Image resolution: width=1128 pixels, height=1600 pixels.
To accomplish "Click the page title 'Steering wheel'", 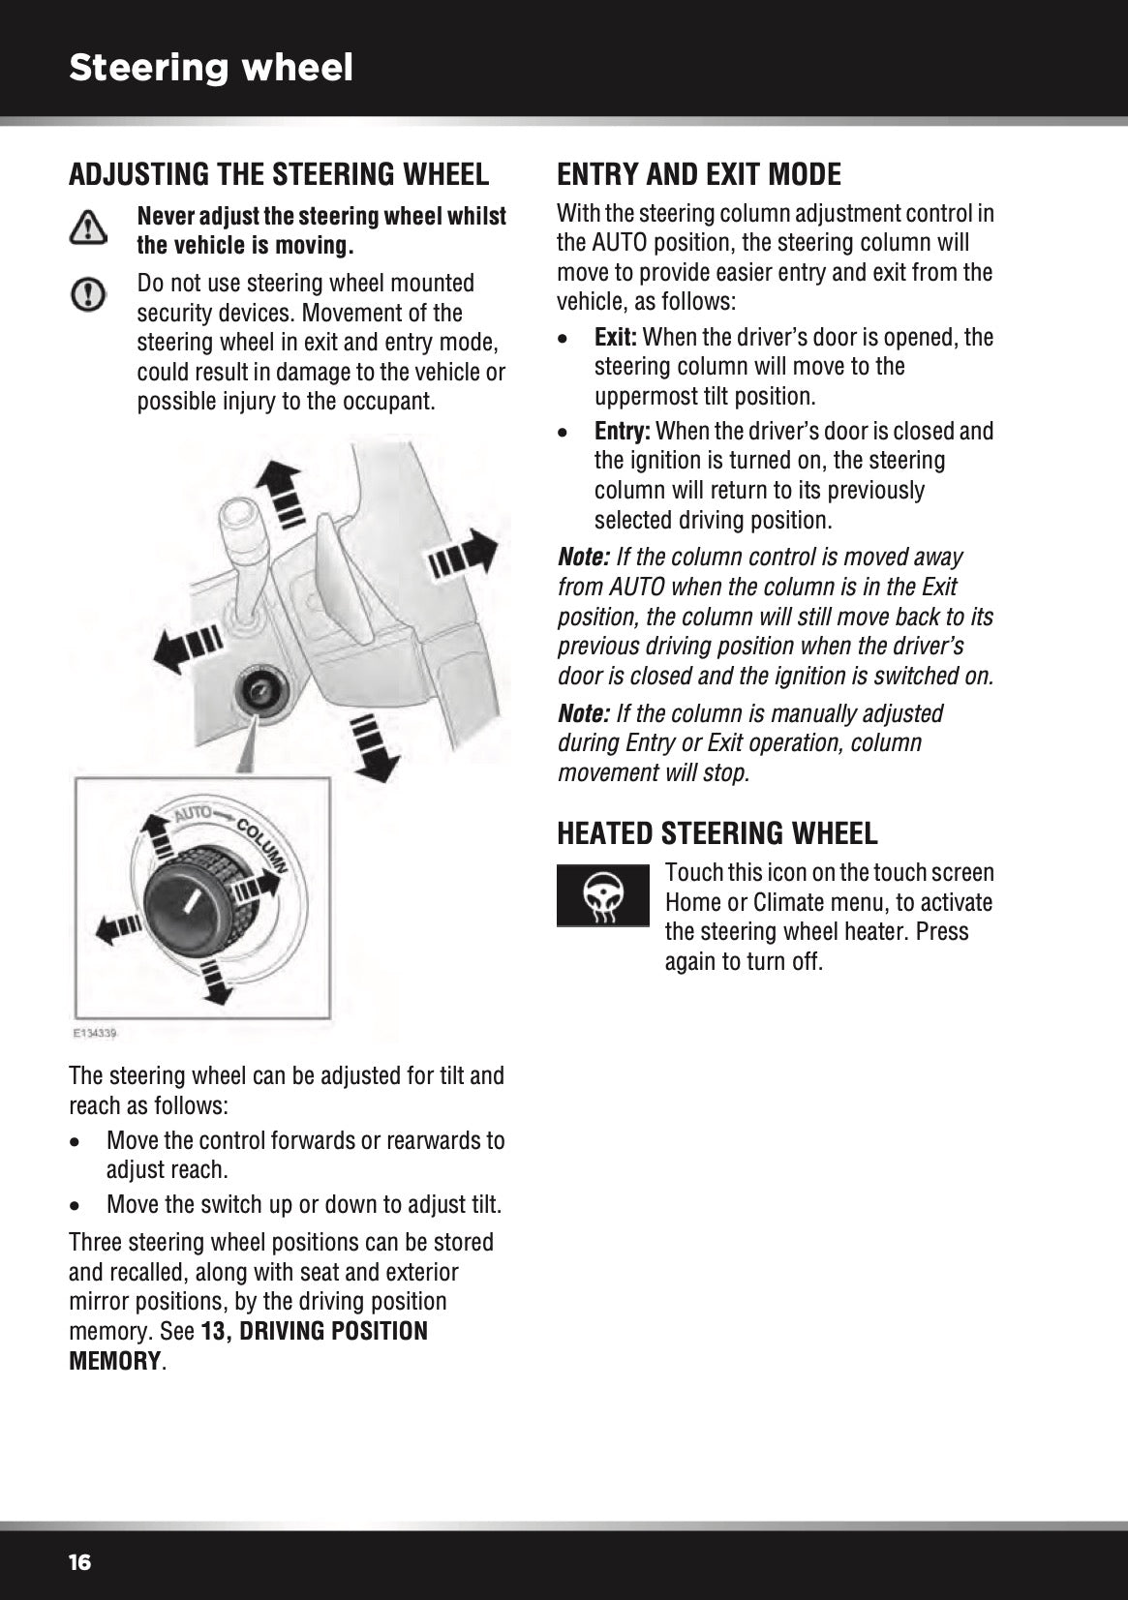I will coord(211,68).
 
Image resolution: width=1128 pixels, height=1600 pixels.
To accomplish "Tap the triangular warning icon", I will coord(87,227).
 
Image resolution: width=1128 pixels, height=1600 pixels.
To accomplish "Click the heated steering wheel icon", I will coord(602,894).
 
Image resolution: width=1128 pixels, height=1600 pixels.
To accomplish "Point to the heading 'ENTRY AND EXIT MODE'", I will coord(699,174).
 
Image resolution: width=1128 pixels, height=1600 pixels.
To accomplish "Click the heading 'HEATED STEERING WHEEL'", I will coord(717,832).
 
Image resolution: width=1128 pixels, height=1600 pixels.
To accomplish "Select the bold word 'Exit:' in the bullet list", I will coord(616,338).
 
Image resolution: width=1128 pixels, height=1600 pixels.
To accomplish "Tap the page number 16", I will coord(79,1563).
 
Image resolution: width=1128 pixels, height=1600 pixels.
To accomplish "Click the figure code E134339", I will coord(95,1035).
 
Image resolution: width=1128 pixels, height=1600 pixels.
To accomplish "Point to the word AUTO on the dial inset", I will coord(193,813).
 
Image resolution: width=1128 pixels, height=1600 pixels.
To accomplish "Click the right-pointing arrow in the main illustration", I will coord(463,556).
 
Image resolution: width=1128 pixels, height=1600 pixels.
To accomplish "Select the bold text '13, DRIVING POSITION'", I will coord(314,1332).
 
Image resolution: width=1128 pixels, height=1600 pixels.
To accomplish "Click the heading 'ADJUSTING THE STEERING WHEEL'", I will coord(279,174).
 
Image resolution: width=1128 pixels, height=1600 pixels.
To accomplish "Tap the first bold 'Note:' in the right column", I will coord(584,558).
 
